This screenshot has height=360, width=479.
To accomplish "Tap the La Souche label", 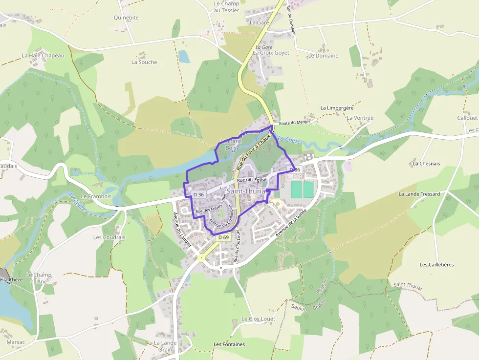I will pyautogui.click(x=144, y=62).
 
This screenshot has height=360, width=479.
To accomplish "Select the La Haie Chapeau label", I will pyautogui.click(x=43, y=56).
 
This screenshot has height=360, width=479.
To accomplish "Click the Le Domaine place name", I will pyautogui.click(x=323, y=56).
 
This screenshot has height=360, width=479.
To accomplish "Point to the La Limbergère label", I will pyautogui.click(x=337, y=108).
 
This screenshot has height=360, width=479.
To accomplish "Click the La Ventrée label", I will pyautogui.click(x=360, y=118).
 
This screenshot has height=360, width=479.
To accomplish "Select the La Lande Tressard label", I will pyautogui.click(x=419, y=194).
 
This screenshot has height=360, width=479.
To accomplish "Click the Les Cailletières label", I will pyautogui.click(x=436, y=265).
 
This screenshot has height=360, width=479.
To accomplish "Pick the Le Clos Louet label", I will pyautogui.click(x=258, y=319).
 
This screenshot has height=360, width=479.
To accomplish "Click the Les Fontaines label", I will pyautogui.click(x=229, y=344).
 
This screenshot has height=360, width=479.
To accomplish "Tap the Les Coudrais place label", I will pyautogui.click(x=109, y=237).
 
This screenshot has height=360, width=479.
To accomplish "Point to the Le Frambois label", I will pyautogui.click(x=96, y=196).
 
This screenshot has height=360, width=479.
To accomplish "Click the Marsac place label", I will pyautogui.click(x=16, y=342).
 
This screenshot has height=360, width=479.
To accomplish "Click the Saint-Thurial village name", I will pyautogui.click(x=246, y=191).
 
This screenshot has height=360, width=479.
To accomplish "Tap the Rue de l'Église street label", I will pyautogui.click(x=252, y=180).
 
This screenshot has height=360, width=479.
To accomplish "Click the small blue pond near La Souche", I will pyautogui.click(x=184, y=57).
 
